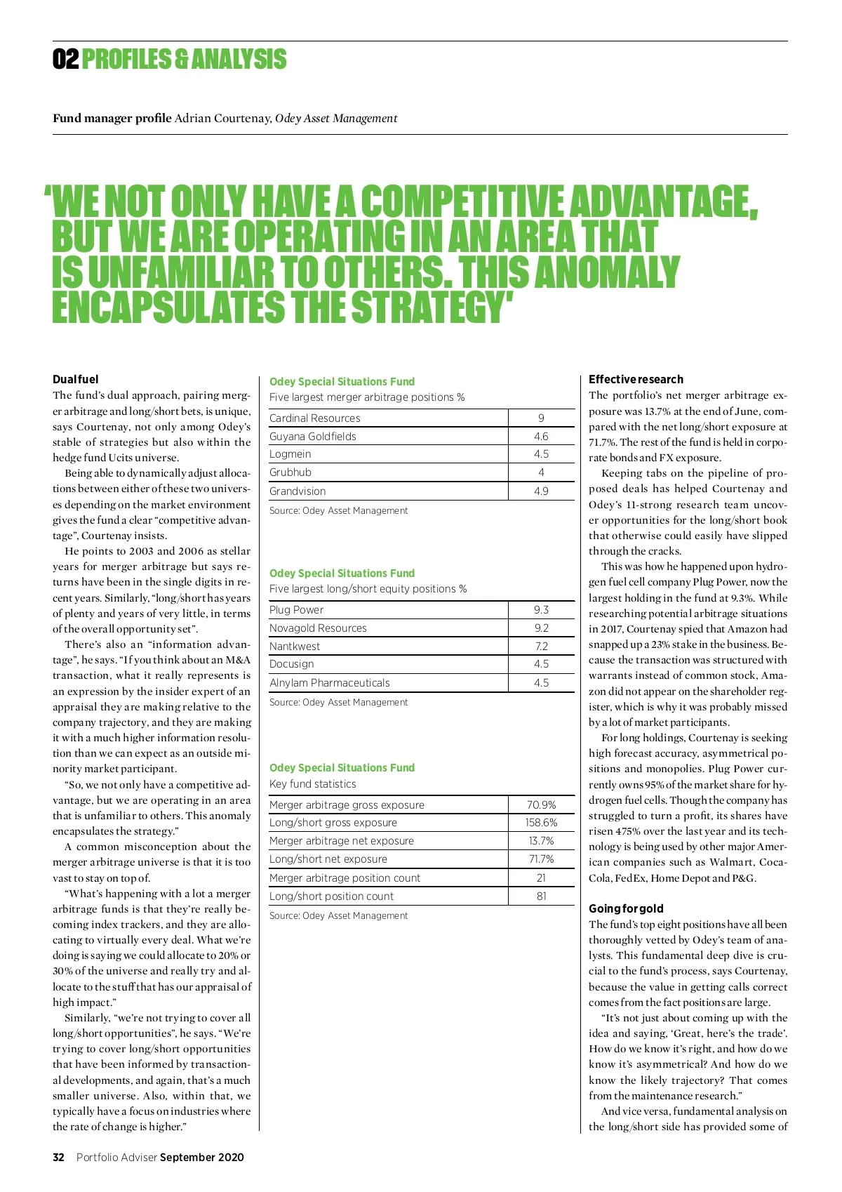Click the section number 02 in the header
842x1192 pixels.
point(65,60)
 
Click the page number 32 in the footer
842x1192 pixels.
point(59,1158)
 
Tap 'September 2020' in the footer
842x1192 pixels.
point(202,1158)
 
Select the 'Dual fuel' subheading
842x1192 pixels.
point(76,380)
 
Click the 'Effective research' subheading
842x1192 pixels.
point(636,380)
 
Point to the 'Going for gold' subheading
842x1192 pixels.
point(626,908)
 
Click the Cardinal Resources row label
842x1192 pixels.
point(315,418)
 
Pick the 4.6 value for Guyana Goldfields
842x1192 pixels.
point(541,437)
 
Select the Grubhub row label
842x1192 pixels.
point(290,472)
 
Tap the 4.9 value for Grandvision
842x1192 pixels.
point(541,491)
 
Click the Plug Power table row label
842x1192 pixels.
point(297,610)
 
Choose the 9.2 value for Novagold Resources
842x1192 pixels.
point(541,628)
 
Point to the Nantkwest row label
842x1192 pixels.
point(295,647)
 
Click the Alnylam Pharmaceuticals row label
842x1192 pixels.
point(330,683)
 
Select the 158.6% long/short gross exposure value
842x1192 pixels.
point(541,823)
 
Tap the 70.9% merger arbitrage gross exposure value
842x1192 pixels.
point(541,805)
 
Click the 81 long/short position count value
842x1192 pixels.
point(541,896)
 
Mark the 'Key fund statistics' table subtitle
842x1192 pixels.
point(313,784)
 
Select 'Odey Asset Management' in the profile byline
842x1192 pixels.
point(336,118)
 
